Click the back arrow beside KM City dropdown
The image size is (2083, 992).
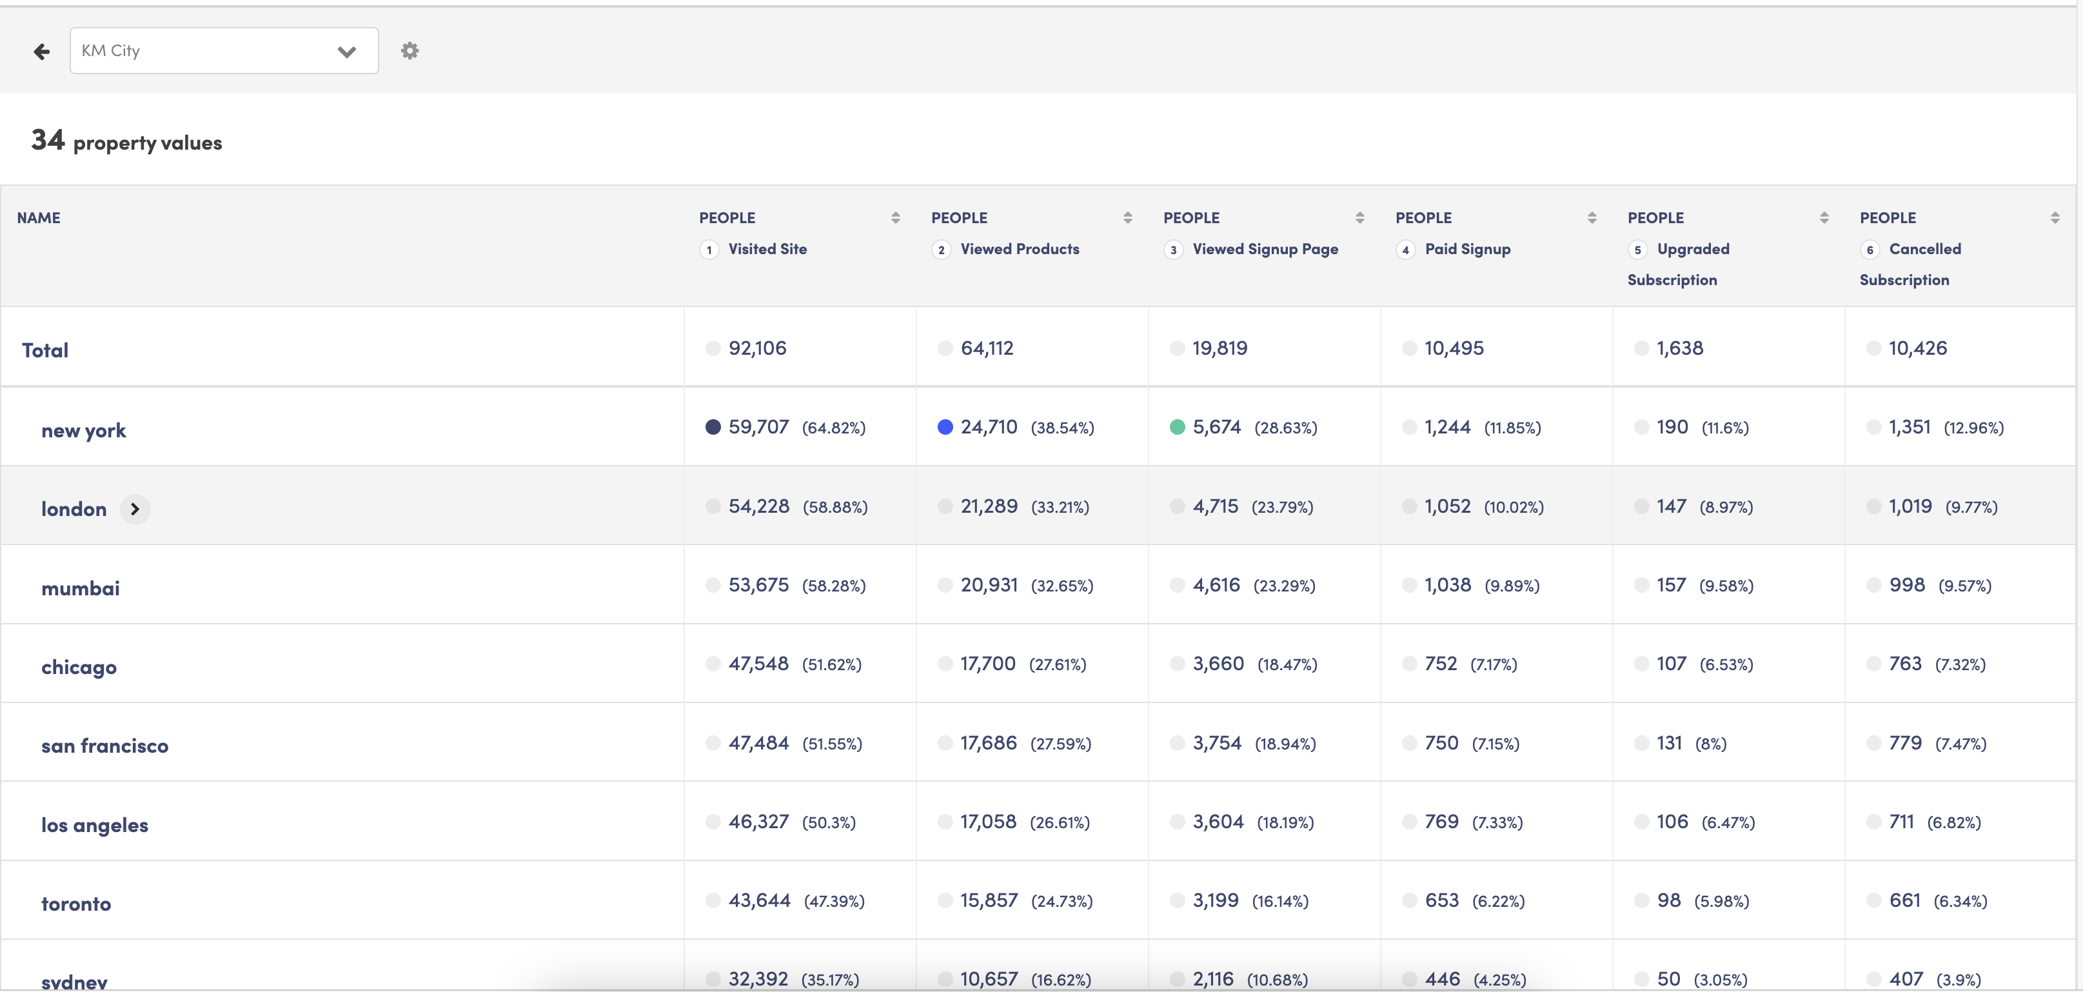(x=42, y=52)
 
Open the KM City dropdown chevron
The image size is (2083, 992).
(x=347, y=52)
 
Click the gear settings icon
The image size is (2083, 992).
(x=410, y=51)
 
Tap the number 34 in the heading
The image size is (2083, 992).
(x=48, y=140)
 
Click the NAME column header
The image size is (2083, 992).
(x=39, y=217)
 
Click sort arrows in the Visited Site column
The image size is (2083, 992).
(x=895, y=217)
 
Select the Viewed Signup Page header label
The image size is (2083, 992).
(x=1265, y=249)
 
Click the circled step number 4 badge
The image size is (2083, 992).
(x=1405, y=250)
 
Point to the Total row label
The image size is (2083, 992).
(x=45, y=350)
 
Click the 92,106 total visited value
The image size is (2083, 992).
(x=757, y=348)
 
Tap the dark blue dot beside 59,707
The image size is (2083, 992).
(x=713, y=427)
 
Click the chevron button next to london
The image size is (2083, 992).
(x=135, y=510)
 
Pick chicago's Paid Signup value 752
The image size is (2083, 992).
(x=1440, y=664)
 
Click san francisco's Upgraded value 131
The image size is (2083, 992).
(x=1669, y=743)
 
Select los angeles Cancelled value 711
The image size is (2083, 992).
(x=1901, y=822)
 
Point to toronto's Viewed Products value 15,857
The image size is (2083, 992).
(x=988, y=900)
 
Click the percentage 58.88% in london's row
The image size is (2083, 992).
(x=834, y=507)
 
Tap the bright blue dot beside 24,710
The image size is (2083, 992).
(x=945, y=427)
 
